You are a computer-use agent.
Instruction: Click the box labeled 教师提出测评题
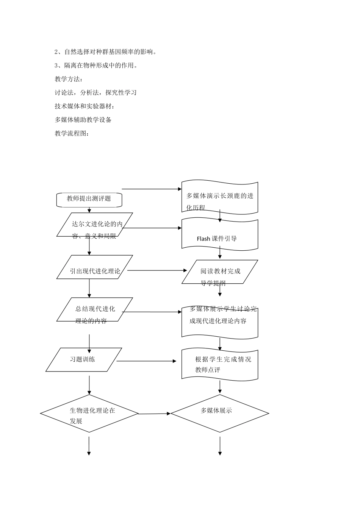pos(89,199)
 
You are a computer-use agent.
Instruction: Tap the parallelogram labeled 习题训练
pos(84,359)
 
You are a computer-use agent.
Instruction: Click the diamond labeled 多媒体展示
pos(220,413)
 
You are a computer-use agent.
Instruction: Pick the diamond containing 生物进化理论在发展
pos(89,414)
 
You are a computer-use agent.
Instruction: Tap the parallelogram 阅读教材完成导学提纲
pos(220,272)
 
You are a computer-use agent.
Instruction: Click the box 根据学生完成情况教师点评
pos(220,364)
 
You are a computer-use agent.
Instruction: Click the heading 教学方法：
pos(69,79)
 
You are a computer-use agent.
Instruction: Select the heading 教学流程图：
pos(72,134)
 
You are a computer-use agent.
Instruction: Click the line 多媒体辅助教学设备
pos(83,120)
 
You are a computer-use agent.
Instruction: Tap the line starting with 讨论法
pos(95,93)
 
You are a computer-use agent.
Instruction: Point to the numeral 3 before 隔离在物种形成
pos(56,66)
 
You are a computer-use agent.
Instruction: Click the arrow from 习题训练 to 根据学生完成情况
pos(146,361)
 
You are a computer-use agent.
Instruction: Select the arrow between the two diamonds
pos(154,414)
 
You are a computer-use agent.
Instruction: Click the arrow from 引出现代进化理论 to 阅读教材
pos(157,270)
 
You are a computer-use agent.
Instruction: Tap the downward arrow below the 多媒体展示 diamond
pos(220,446)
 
